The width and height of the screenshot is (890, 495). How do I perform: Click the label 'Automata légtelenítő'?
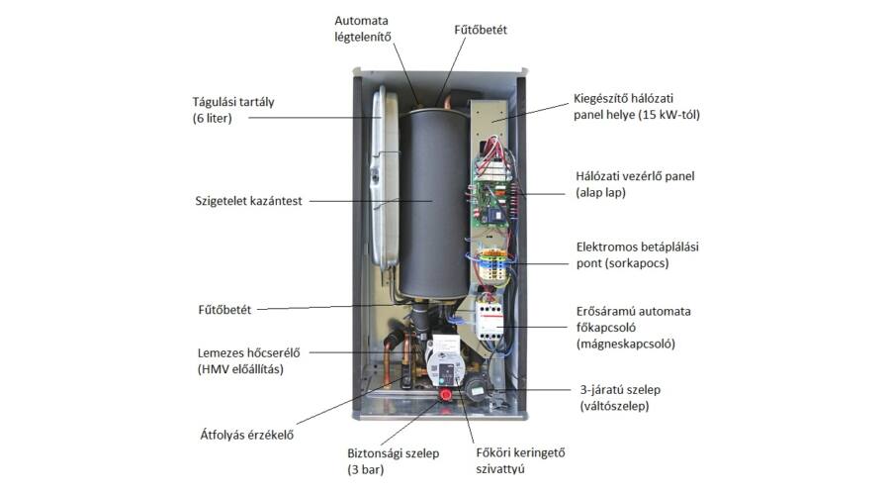(x=362, y=29)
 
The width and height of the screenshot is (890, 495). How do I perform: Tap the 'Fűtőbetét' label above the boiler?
(x=481, y=30)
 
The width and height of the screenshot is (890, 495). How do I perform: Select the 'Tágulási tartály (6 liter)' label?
(x=233, y=110)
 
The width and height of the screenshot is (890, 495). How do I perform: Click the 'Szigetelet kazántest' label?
(x=248, y=201)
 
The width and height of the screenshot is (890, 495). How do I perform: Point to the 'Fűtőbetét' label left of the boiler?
(x=224, y=310)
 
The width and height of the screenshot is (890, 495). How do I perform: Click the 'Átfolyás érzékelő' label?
(x=247, y=435)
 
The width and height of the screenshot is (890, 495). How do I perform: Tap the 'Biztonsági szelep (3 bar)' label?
(x=394, y=461)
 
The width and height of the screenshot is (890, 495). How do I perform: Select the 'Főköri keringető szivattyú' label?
(x=520, y=461)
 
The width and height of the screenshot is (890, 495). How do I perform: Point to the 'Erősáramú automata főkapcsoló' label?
(x=634, y=328)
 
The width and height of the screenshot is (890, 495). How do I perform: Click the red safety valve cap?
(x=446, y=394)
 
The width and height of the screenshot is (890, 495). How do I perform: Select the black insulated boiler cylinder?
(x=434, y=202)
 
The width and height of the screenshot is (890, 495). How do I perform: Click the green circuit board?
(x=489, y=202)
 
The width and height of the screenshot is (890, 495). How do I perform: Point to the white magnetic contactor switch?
(x=488, y=321)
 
